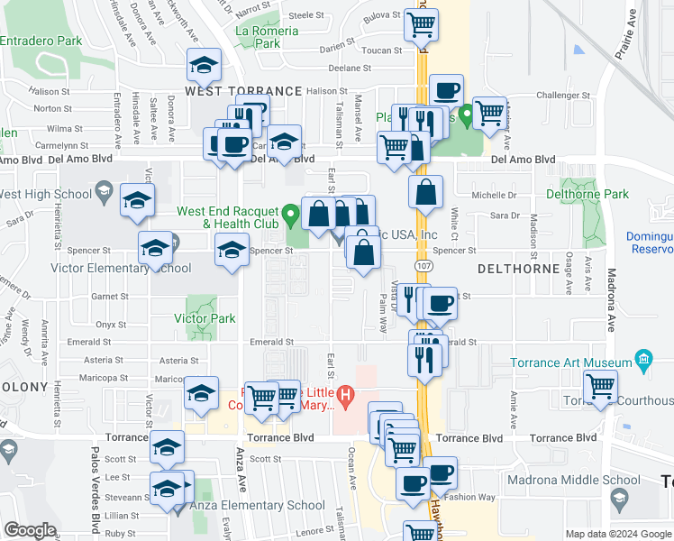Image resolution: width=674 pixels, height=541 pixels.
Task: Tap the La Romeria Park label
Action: click(267, 36)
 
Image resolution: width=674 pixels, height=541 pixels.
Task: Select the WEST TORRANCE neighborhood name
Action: click(243, 91)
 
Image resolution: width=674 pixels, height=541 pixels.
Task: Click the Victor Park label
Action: click(205, 318)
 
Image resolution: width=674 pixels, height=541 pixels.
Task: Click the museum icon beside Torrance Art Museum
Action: click(643, 362)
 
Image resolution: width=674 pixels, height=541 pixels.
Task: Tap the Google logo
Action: click(30, 530)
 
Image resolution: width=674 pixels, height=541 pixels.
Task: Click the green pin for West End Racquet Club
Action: click(290, 215)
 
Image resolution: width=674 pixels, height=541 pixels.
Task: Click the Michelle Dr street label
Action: click(500, 194)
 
